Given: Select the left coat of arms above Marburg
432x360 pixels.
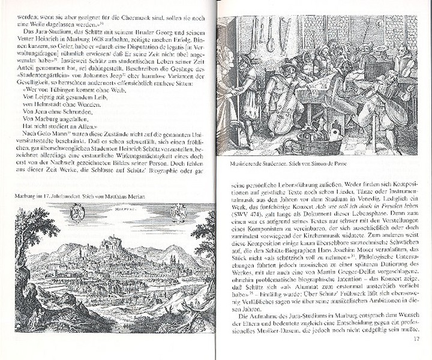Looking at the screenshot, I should click(x=76, y=212).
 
